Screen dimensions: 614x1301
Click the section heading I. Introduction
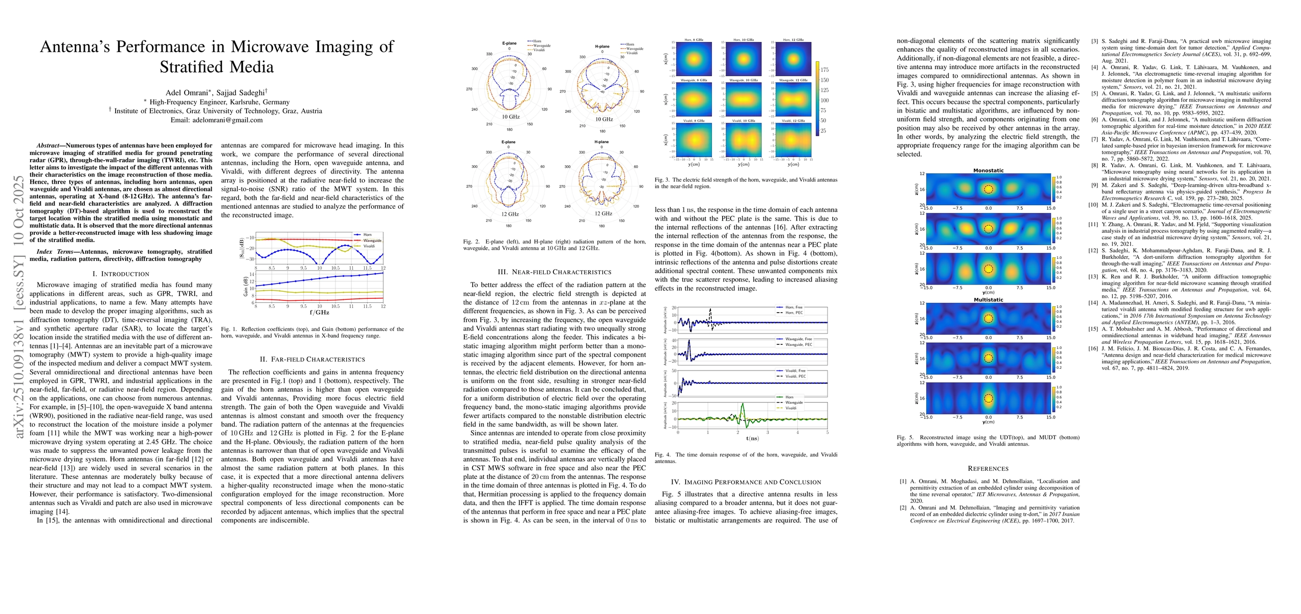tap(121, 274)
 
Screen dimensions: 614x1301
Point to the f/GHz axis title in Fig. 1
tap(319, 312)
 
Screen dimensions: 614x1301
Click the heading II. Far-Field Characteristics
tap(312, 360)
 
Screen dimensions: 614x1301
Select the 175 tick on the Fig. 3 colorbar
tap(824, 70)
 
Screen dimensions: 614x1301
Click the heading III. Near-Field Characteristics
tap(554, 272)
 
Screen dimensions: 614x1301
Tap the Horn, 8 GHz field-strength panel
tap(693, 58)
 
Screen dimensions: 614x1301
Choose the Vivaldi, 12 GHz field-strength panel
tap(793, 139)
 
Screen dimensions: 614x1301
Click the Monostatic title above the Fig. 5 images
tap(988, 170)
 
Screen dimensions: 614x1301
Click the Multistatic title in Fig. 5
tap(988, 300)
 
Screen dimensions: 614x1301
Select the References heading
tap(988, 469)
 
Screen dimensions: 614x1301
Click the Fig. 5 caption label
tap(906, 437)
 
